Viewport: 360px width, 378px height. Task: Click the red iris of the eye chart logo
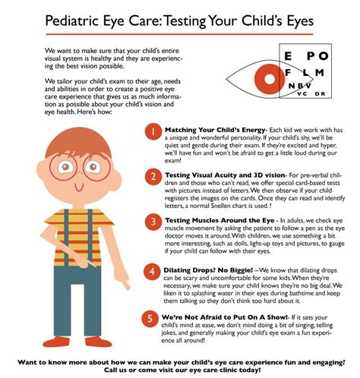[x=267, y=77]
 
